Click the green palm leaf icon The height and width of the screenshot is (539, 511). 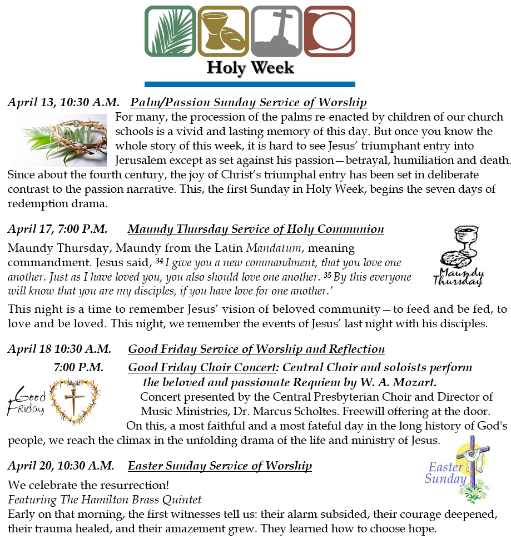pyautogui.click(x=170, y=31)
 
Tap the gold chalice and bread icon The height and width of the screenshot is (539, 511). pyautogui.click(x=223, y=31)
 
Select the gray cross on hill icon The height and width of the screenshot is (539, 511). pyautogui.click(x=276, y=31)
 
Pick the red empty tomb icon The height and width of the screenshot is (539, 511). pyautogui.click(x=329, y=31)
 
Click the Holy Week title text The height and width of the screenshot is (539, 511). pyautogui.click(x=250, y=68)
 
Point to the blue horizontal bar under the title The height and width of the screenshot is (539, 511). pyautogui.click(x=250, y=84)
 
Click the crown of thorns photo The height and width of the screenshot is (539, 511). pyautogui.click(x=60, y=140)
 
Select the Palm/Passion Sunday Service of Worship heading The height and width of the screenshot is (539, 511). pyautogui.click(x=249, y=102)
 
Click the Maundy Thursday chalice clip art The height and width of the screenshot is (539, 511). pyautogui.click(x=458, y=256)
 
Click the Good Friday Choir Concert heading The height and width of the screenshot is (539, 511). pyautogui.click(x=202, y=368)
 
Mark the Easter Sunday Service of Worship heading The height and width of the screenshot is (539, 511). pyautogui.click(x=220, y=466)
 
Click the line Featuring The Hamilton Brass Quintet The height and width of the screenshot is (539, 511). pyautogui.click(x=105, y=500)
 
